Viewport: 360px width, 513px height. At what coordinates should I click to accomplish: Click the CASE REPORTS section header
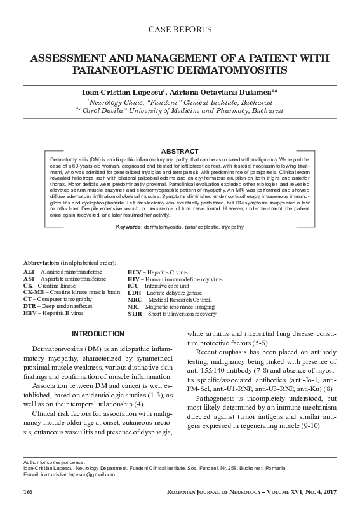(180, 30)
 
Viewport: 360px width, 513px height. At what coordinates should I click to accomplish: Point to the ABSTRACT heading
(180, 150)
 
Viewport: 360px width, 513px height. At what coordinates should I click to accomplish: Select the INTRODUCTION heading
(97, 334)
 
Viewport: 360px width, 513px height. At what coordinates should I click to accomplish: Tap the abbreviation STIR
(135, 314)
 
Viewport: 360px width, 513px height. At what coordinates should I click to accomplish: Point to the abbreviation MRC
(135, 300)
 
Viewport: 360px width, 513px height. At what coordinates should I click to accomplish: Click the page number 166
(27, 493)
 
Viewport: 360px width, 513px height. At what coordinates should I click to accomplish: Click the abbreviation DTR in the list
(30, 305)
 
